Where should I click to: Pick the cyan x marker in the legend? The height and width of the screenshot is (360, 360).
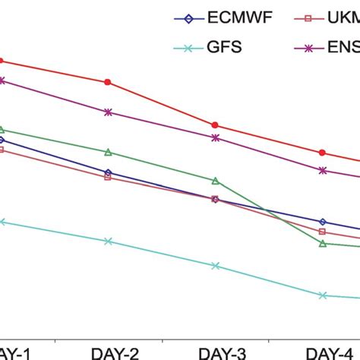click(180, 48)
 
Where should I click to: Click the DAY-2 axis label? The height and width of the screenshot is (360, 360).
click(115, 352)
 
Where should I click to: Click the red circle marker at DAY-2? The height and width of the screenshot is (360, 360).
click(108, 81)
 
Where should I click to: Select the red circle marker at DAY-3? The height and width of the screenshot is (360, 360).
click(215, 125)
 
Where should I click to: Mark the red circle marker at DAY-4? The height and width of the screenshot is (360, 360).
click(323, 153)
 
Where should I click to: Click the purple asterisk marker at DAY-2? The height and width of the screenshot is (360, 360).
click(108, 112)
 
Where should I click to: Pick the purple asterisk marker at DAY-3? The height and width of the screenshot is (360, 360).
click(215, 137)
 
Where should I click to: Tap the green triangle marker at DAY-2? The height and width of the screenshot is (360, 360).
click(108, 152)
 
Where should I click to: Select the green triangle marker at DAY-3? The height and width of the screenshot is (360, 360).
click(215, 181)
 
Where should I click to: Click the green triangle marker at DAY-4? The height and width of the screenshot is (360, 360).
click(323, 244)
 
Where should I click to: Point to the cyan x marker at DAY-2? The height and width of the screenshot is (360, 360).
click(108, 241)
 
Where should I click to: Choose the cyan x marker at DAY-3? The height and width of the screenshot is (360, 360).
click(215, 266)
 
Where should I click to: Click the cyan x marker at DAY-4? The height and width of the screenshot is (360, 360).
click(323, 295)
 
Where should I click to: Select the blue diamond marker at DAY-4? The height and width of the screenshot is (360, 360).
click(323, 222)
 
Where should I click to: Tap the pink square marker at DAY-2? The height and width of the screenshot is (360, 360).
click(108, 177)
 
